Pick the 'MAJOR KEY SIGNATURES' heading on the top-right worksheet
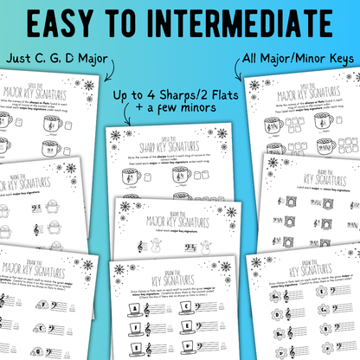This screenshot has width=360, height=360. [x=301, y=96]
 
